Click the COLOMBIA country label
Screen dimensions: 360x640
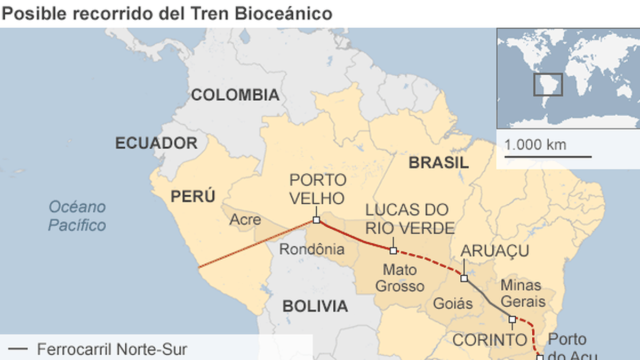coord(235,95)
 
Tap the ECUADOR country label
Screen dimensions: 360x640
coord(156,143)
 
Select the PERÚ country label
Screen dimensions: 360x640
coord(193,196)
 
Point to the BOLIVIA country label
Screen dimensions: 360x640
coord(315,306)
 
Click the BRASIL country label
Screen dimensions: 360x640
coord(438,163)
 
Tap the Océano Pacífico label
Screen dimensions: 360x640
coord(77,215)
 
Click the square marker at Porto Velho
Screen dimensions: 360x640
coord(316,220)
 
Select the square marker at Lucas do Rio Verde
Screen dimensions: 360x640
coord(393,251)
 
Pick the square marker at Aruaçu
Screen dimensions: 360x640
coord(464,278)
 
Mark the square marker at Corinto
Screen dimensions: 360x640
coord(512,319)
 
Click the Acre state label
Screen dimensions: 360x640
coord(246,219)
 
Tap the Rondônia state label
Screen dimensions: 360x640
coord(312,249)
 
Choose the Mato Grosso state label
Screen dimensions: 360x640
coord(399,277)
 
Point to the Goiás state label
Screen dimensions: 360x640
coord(453,303)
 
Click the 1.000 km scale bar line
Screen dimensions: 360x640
coord(548,157)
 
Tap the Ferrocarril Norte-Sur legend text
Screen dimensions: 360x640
coord(112,350)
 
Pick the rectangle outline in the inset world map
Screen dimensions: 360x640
coord(548,84)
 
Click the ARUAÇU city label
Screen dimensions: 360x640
coord(494,251)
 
